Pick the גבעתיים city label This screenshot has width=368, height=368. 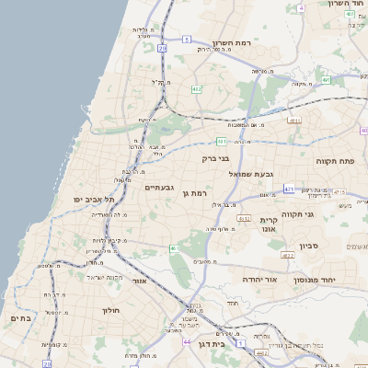tap(159, 188)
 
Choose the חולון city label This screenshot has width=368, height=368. tap(110, 311)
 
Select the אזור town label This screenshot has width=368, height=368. tap(139, 281)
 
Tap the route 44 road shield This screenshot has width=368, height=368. tap(188, 341)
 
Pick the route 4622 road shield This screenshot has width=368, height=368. tap(288, 255)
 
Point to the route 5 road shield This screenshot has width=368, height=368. tap(186, 39)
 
